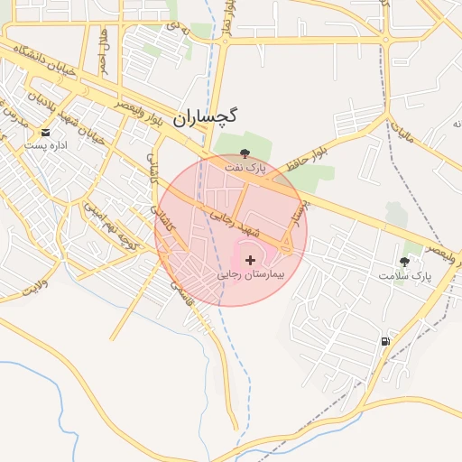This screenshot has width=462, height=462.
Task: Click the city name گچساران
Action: [x=205, y=116]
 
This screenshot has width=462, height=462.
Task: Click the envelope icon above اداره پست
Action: [x=45, y=133]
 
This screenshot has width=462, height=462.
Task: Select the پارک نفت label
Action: [x=247, y=168]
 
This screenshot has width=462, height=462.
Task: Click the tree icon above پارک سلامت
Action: [x=405, y=260]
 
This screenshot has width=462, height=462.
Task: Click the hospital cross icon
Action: [x=250, y=260]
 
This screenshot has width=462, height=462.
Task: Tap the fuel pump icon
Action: [x=386, y=341]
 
